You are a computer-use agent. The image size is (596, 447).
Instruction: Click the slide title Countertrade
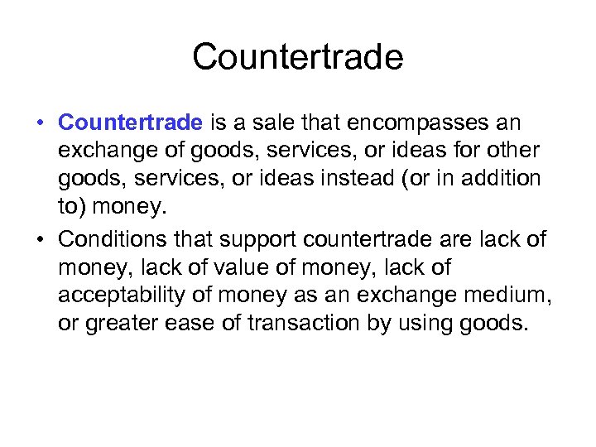[x=298, y=57]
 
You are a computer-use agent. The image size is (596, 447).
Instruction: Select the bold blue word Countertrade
[x=130, y=123]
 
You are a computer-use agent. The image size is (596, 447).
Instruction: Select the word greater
[x=110, y=322]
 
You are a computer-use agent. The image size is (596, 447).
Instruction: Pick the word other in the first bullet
[x=514, y=151]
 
